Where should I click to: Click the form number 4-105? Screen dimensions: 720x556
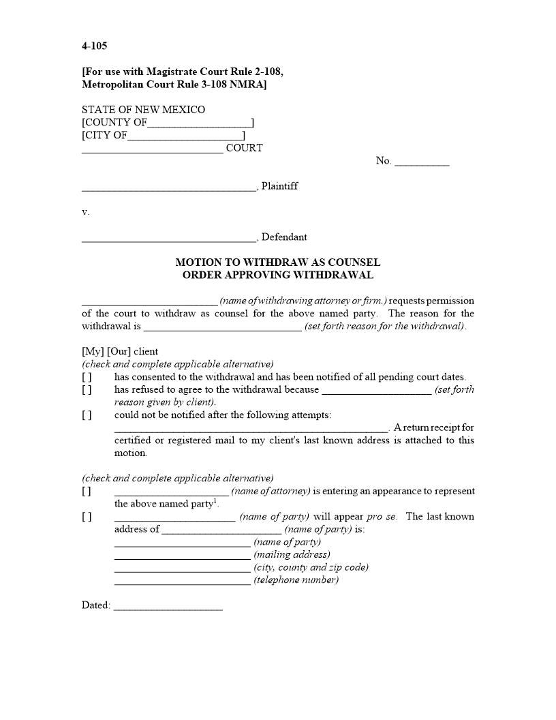94,46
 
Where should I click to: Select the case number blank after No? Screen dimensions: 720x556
422,162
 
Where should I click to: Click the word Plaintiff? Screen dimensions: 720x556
279,186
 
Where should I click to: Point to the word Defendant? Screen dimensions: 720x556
284,237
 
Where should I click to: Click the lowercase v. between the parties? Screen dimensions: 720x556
85,212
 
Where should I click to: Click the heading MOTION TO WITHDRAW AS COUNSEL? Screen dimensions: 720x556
277,262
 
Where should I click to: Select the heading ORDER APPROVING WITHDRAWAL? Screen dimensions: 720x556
277,275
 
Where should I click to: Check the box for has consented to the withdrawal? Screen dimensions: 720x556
87,377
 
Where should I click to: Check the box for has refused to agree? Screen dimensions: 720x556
87,390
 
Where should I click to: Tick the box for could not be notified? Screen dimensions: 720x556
87,415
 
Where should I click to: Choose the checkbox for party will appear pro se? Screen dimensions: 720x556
87,517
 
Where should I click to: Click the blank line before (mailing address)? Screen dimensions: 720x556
182,555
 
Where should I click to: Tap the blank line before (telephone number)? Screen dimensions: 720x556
182,581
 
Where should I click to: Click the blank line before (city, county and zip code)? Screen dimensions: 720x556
182,568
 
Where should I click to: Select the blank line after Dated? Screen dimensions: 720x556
168,606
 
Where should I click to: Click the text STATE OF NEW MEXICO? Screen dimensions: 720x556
143,110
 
